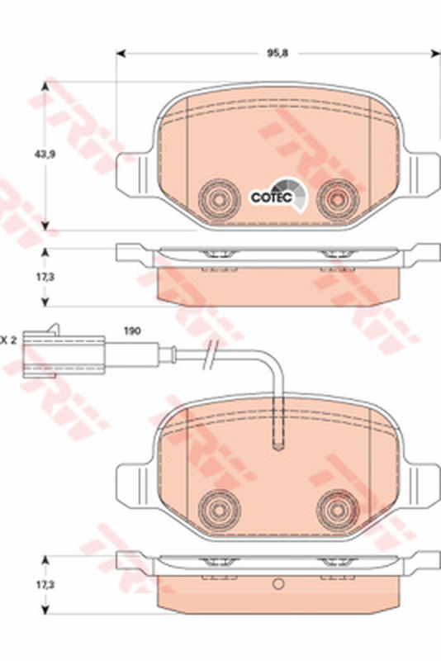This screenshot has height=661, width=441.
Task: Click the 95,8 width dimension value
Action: (277, 54)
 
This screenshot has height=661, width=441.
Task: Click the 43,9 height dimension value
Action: (45, 155)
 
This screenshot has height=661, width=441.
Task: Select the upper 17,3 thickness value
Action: (45, 277)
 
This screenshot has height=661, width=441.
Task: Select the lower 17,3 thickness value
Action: (45, 585)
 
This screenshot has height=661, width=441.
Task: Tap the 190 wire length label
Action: (132, 331)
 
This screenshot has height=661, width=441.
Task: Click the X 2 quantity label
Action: (7, 340)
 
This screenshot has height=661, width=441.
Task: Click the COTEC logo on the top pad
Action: (278, 196)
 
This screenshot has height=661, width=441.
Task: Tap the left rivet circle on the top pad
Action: (219, 199)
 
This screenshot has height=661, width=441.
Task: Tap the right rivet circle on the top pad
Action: (338, 199)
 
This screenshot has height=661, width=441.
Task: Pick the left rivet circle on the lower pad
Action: (219, 511)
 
